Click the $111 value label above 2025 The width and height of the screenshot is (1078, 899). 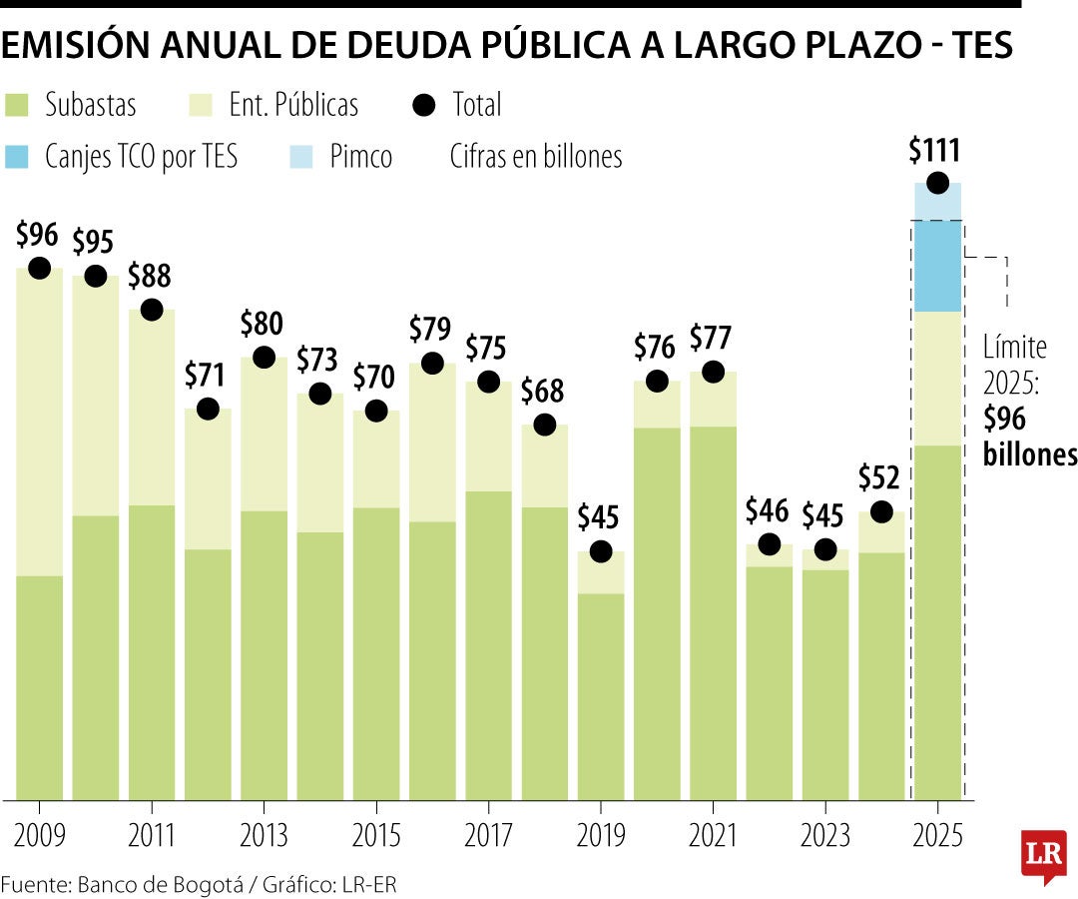click(x=935, y=151)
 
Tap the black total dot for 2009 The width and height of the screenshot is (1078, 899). click(x=39, y=268)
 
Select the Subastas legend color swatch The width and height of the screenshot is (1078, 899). click(x=19, y=105)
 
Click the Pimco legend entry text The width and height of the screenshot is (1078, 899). click(x=360, y=157)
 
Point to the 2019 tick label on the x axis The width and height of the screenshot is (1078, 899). click(x=601, y=834)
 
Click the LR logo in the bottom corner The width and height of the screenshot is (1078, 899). click(x=1043, y=856)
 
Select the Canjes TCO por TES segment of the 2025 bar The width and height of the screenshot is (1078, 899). click(x=937, y=266)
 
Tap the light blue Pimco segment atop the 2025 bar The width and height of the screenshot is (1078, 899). click(x=937, y=201)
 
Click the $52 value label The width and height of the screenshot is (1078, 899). click(x=880, y=477)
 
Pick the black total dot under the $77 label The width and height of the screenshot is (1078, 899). click(x=713, y=372)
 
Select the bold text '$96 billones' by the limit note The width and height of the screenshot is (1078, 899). click(x=1028, y=437)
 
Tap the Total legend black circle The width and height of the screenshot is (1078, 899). click(x=425, y=105)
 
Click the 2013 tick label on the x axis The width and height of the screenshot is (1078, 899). click(x=264, y=834)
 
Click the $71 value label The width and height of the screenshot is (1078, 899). click(x=208, y=375)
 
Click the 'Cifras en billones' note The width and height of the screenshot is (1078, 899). click(x=536, y=157)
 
